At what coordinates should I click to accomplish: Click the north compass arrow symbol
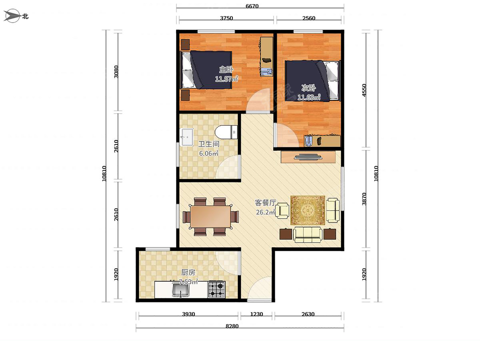point(12,16)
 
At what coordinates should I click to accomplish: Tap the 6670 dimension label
point(252,6)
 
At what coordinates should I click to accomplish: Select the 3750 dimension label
point(226,18)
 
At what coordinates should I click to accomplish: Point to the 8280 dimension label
point(232,326)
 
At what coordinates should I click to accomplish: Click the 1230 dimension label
point(256,314)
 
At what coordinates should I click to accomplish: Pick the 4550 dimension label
point(364,90)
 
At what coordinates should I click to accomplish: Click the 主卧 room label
point(226,70)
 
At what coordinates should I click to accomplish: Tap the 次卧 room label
point(308,88)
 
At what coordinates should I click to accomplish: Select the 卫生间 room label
point(209,144)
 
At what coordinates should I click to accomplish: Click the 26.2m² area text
point(266,212)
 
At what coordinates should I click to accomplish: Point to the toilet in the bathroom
point(226,132)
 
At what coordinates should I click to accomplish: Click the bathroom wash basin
point(186,137)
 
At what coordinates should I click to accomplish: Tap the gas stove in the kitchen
point(216,289)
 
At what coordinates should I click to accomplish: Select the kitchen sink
point(181,290)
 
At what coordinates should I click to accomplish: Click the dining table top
point(210,217)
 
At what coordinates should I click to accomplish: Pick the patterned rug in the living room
point(308,210)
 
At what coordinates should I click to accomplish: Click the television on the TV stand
point(308,157)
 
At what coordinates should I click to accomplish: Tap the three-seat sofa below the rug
point(308,235)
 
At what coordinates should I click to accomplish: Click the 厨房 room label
point(188,272)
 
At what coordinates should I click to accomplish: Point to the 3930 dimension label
point(188,314)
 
